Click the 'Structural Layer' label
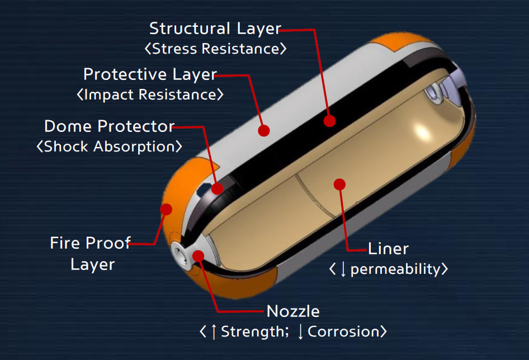[x=215, y=29]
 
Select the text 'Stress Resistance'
[x=215, y=49]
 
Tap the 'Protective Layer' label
[x=150, y=74]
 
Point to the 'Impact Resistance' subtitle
[x=150, y=94]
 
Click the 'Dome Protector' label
[x=109, y=126]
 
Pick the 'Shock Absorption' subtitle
[x=109, y=146]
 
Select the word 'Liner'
[x=388, y=249]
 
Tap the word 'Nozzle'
[x=293, y=311]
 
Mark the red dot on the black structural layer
[x=329, y=120]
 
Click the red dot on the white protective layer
[x=264, y=130]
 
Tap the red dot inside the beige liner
[x=339, y=183]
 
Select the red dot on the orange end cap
[x=166, y=210]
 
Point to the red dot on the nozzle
[x=198, y=256]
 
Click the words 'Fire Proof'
[x=90, y=243]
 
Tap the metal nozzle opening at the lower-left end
[x=178, y=253]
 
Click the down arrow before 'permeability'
[x=343, y=269]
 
